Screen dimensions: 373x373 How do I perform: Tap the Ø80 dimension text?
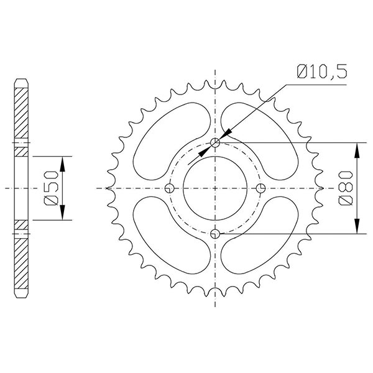pyautogui.click(x=347, y=188)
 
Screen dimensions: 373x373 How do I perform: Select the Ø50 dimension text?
pyautogui.click(x=52, y=188)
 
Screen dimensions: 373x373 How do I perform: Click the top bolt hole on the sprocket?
pyautogui.click(x=216, y=144)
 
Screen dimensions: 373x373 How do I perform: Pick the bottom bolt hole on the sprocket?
pyautogui.click(x=216, y=233)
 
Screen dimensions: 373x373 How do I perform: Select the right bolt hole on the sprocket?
pyautogui.click(x=260, y=188)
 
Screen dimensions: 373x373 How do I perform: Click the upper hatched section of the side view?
pyautogui.click(x=21, y=115)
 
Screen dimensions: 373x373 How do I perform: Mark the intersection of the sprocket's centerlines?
pyautogui.click(x=216, y=188)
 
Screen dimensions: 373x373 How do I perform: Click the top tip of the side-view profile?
pyautogui.click(x=21, y=80)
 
